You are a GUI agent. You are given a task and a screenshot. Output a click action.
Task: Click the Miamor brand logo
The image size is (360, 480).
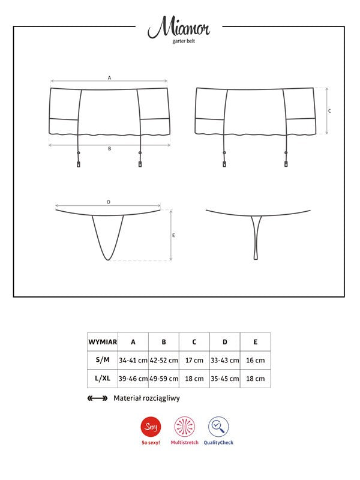(179, 28)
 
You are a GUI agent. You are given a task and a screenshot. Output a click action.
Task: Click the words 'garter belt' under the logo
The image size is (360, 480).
(179, 42)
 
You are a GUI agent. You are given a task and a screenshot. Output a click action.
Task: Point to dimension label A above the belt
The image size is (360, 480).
(109, 77)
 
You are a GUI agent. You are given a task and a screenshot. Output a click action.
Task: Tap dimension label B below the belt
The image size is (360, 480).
(109, 148)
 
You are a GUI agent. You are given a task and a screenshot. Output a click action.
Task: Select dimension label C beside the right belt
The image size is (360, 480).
(329, 111)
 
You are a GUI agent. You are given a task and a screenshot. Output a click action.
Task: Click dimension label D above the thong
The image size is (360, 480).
(109, 202)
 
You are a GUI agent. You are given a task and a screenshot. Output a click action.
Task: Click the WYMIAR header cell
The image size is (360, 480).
(103, 342)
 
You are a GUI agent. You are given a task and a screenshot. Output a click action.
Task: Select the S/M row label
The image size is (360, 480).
(103, 360)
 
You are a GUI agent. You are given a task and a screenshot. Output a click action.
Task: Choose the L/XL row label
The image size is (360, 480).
(103, 379)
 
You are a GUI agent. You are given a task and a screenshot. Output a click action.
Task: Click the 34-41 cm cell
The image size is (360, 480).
(133, 360)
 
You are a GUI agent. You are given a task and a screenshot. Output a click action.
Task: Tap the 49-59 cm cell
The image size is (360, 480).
(164, 379)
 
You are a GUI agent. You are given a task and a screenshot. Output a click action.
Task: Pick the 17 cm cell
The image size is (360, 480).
(194, 360)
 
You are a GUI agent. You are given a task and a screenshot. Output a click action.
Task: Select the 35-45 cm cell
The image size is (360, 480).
(225, 379)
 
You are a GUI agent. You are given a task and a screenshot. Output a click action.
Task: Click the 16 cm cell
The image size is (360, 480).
(255, 360)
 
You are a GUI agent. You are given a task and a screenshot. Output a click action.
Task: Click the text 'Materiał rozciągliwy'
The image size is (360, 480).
(146, 398)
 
